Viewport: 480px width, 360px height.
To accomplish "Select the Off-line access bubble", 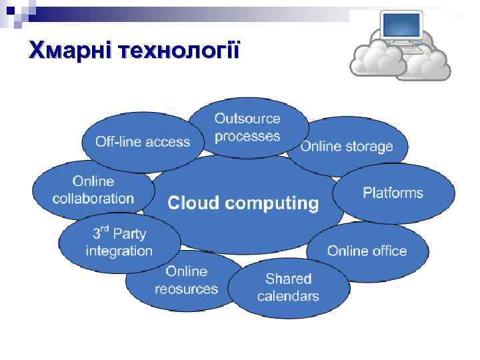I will pos(142,142).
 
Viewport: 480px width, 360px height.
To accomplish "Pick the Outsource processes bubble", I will pos(247,127).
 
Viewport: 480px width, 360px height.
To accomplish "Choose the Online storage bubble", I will pos(347,147).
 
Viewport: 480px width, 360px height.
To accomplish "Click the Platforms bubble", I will pos(393,193).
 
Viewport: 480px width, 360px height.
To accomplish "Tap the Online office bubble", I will pos(367,251).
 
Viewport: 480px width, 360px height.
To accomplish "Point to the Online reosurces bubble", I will pos(186,280).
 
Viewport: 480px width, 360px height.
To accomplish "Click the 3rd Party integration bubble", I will pos(119,242).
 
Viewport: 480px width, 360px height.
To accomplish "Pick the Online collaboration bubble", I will pos(93,190).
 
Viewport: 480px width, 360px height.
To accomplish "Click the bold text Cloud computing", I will pos(243,203).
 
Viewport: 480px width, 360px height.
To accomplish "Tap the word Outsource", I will pos(247,119).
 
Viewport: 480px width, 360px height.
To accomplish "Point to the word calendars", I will pos(288,296).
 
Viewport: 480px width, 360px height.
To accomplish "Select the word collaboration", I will pos(93,198).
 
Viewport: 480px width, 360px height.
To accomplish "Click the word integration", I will pos(119,251).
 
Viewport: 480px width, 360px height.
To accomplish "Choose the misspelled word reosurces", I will pos(186,289).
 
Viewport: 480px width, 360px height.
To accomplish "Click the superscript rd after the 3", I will pos(105,229).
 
